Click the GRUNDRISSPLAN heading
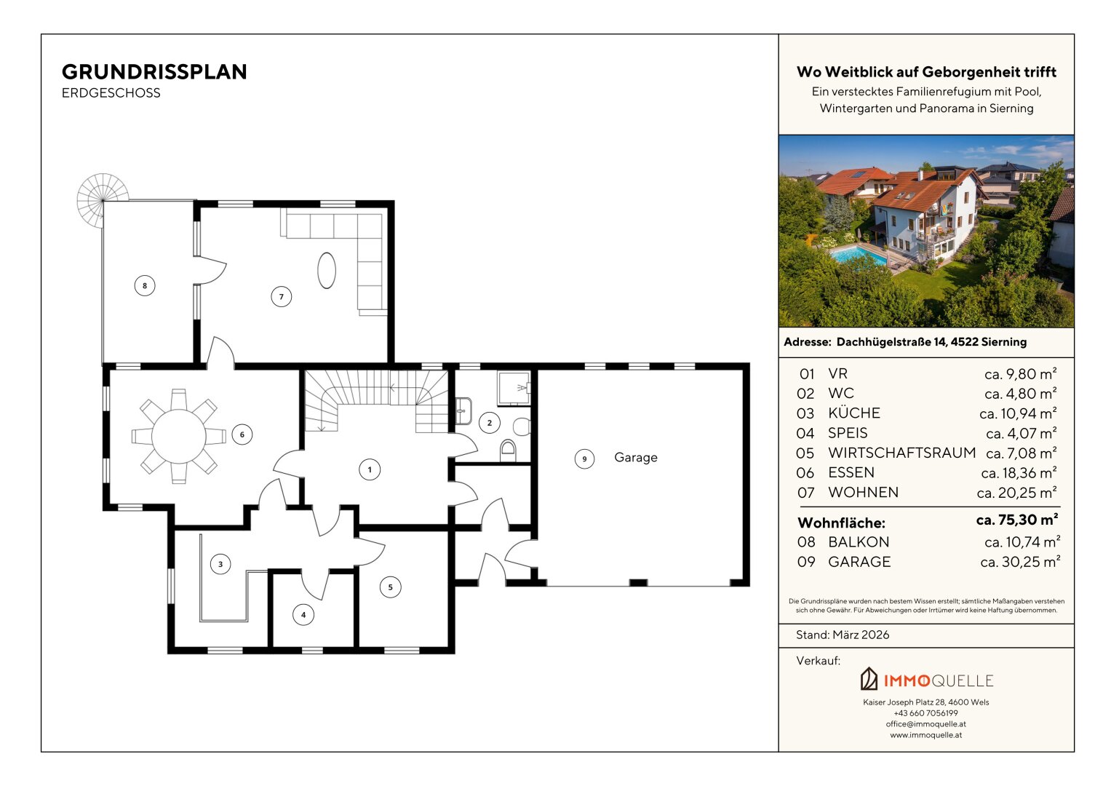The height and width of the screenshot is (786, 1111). [x=154, y=72]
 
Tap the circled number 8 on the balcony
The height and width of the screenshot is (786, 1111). [x=145, y=286]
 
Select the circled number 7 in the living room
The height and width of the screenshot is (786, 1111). [x=282, y=297]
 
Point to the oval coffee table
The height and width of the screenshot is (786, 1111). [x=327, y=271]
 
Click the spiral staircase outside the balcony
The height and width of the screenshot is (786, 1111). [x=103, y=200]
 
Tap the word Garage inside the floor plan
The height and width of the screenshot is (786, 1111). [x=636, y=458]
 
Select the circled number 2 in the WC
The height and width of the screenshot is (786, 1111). [x=490, y=423]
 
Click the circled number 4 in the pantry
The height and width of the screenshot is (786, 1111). [x=303, y=615]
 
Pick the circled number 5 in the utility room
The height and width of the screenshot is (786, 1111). [x=390, y=587]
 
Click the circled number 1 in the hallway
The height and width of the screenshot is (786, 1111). [x=370, y=469]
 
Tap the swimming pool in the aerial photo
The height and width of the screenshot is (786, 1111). [x=857, y=255]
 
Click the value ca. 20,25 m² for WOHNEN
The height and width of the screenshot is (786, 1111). [x=1016, y=492]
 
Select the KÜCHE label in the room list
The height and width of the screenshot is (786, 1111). [x=854, y=413]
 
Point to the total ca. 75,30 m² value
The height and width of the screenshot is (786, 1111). [x=1017, y=520]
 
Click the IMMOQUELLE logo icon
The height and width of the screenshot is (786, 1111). [x=869, y=679]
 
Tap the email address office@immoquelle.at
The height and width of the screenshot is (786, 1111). [x=926, y=724]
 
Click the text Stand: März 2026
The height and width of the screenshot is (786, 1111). [x=843, y=635]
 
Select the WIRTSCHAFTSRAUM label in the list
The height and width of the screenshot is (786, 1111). [x=901, y=453]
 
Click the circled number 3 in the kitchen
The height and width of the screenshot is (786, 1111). [x=220, y=564]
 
